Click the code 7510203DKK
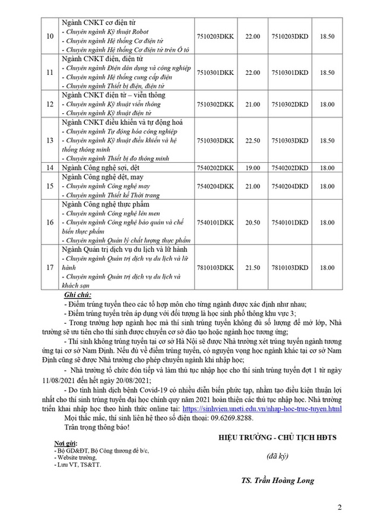(x=215, y=37)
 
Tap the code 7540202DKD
(x=290, y=168)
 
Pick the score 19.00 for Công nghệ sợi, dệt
(x=252, y=168)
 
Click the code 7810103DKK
(x=215, y=269)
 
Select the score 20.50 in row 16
(x=252, y=223)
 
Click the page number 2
(x=340, y=507)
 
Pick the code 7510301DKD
(x=290, y=72)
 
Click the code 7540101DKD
(x=290, y=223)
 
